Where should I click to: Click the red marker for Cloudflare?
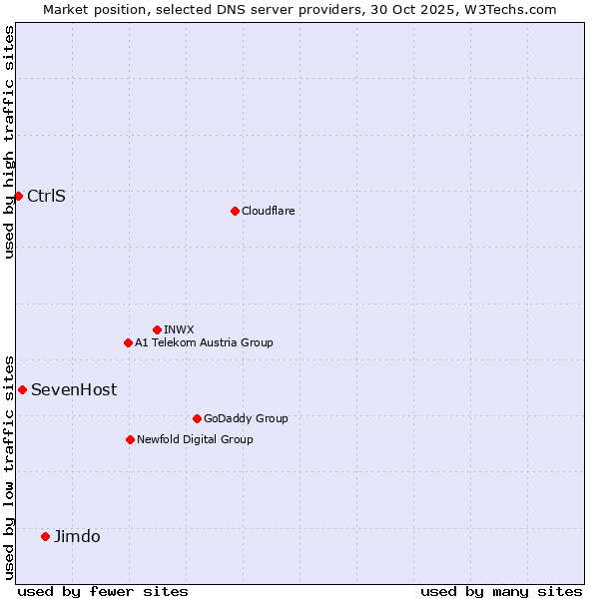click(235, 211)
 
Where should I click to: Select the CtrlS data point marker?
click(18, 196)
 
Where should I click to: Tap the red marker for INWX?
click(157, 329)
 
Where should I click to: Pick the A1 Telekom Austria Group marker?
click(128, 342)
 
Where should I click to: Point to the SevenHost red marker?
click(22, 389)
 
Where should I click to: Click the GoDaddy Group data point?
click(197, 418)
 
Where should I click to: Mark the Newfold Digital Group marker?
click(130, 439)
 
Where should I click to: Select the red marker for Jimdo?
click(45, 536)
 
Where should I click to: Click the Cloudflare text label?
click(268, 211)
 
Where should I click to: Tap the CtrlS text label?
click(46, 196)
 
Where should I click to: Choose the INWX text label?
click(179, 329)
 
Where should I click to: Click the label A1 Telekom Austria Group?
click(204, 342)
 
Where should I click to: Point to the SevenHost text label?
click(74, 389)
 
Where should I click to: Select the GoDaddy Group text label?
click(246, 418)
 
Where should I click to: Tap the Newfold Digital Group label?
click(195, 439)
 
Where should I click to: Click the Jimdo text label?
click(77, 536)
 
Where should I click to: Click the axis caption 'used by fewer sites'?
click(103, 591)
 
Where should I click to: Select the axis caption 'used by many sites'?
click(501, 591)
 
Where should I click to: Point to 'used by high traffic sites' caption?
click(9, 142)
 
